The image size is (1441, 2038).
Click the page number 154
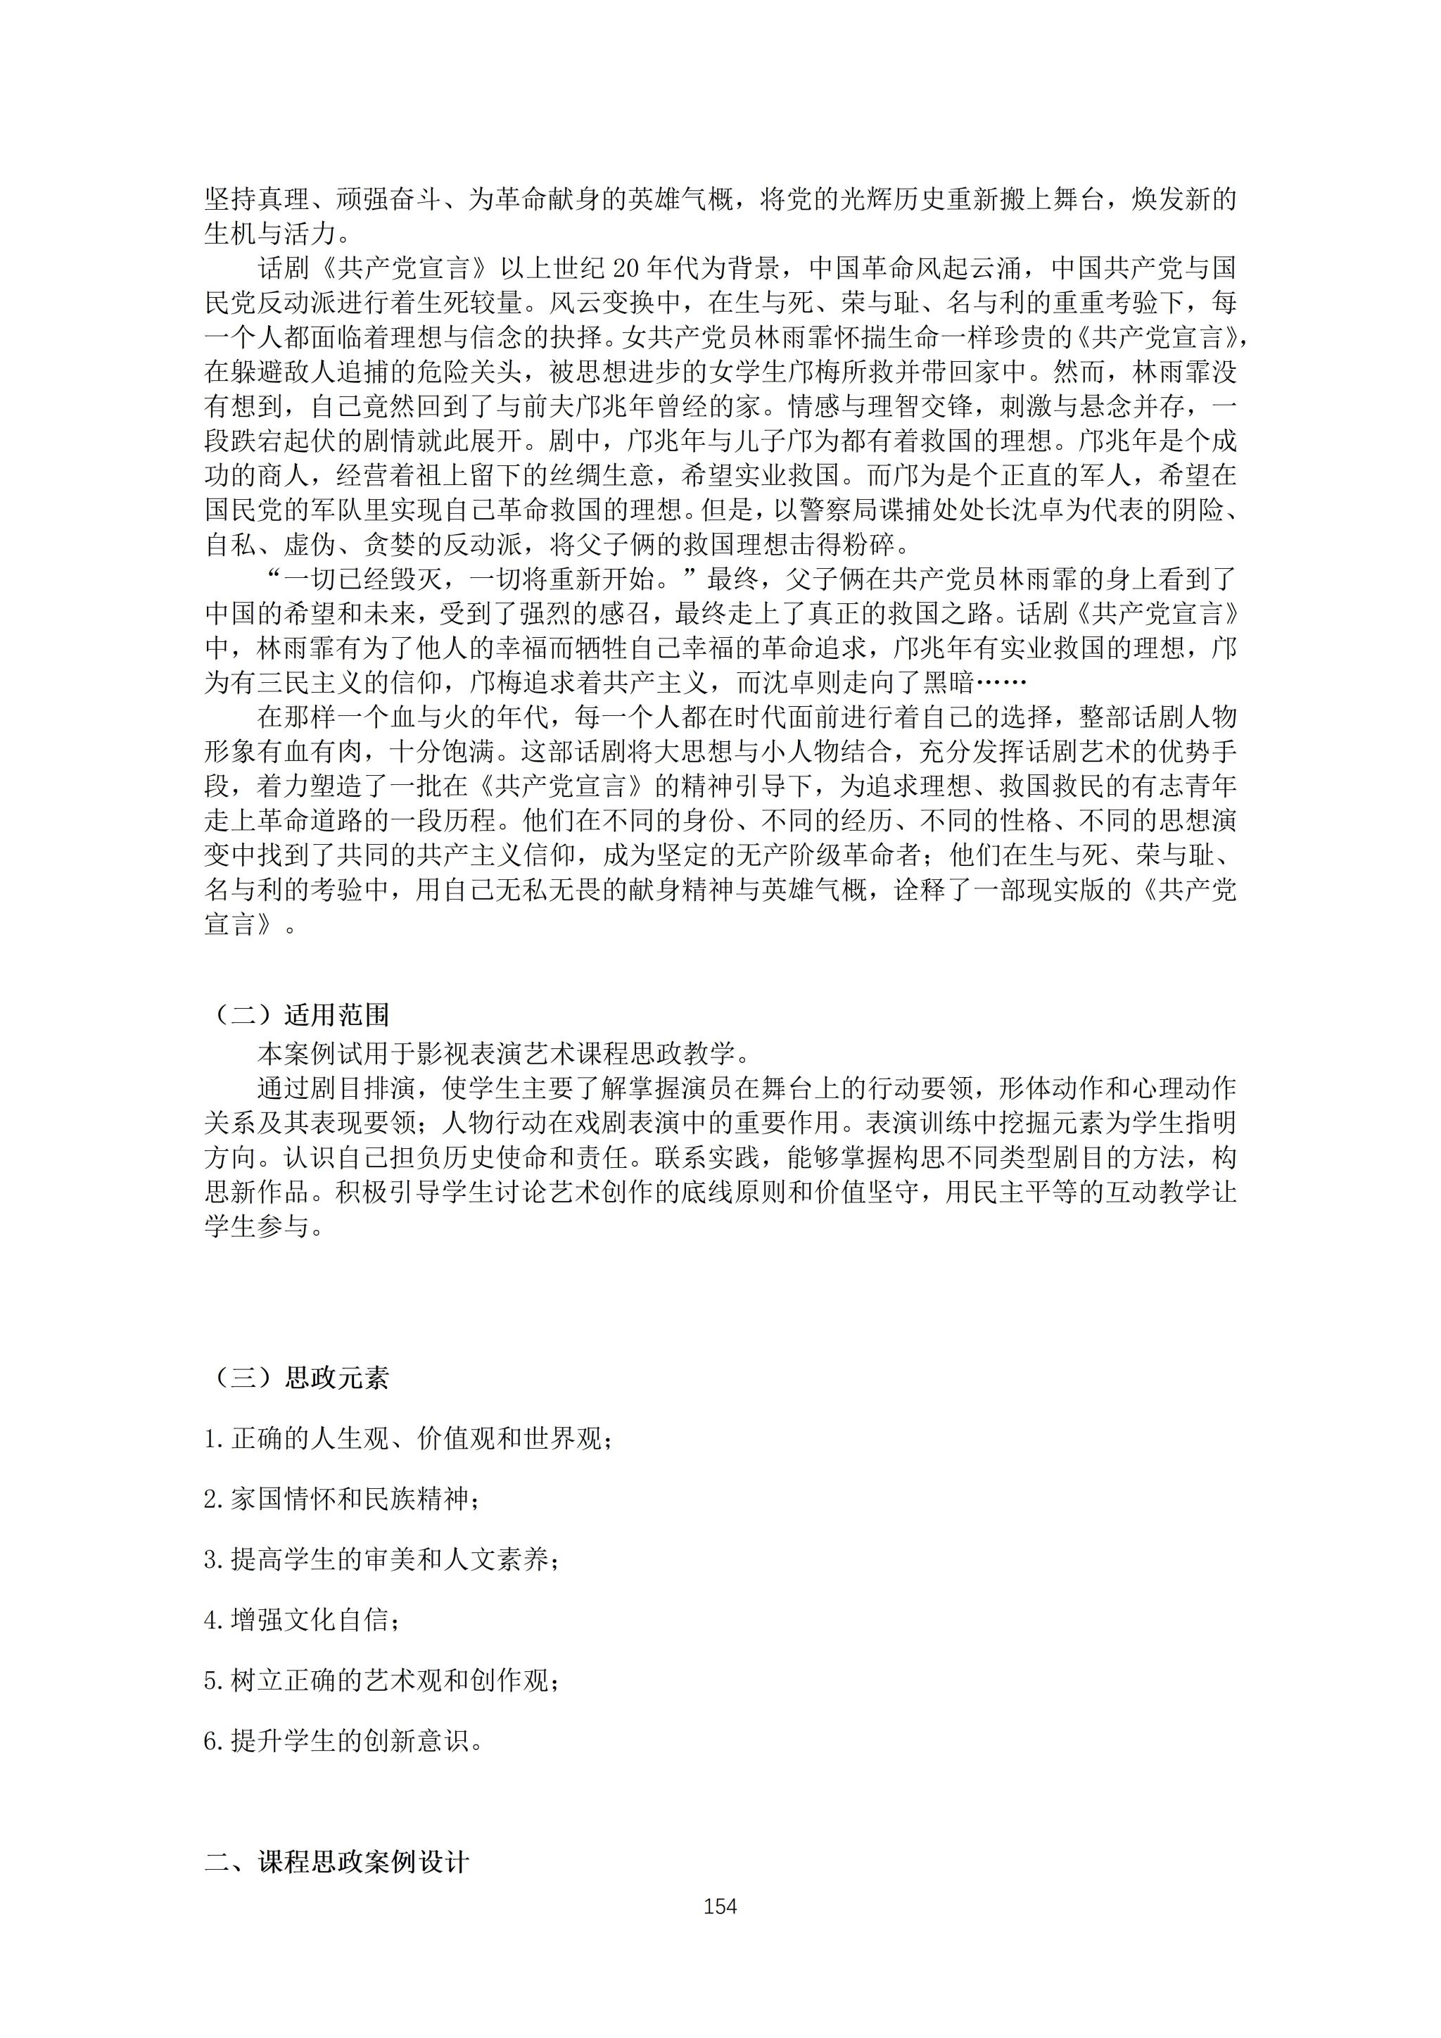pos(720,1906)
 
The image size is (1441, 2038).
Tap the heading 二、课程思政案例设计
pos(336,1861)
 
